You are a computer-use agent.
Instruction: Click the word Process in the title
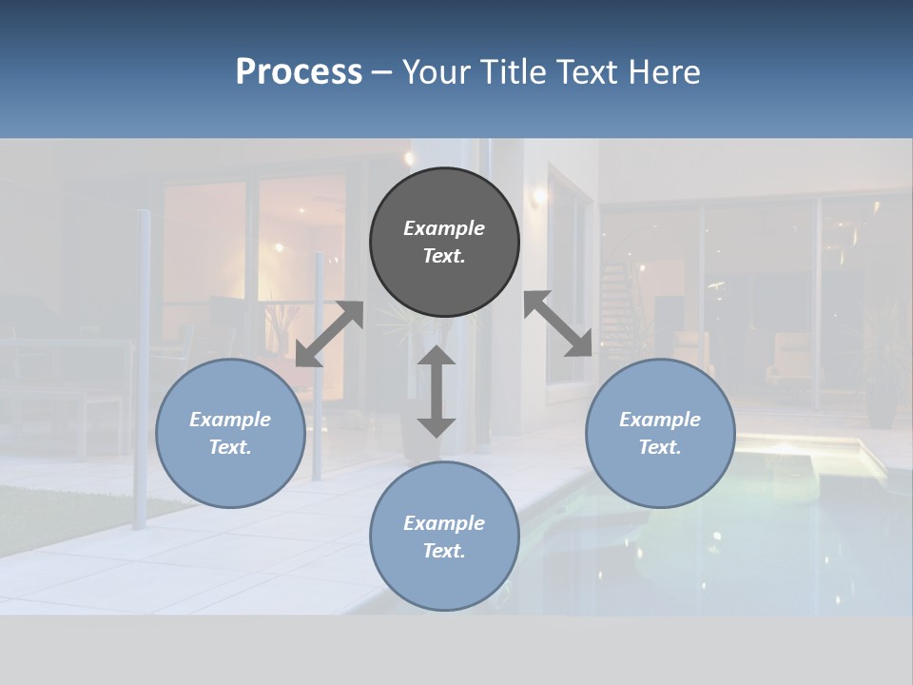click(x=299, y=72)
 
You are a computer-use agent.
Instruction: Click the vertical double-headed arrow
click(x=437, y=391)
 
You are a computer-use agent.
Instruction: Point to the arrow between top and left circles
click(x=329, y=334)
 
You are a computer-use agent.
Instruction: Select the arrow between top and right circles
click(x=558, y=323)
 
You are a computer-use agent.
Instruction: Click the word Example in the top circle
click(x=444, y=228)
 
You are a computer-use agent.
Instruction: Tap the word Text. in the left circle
click(x=230, y=447)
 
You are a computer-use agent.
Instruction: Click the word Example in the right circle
click(x=660, y=420)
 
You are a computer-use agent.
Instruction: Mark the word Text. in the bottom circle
click(x=444, y=551)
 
